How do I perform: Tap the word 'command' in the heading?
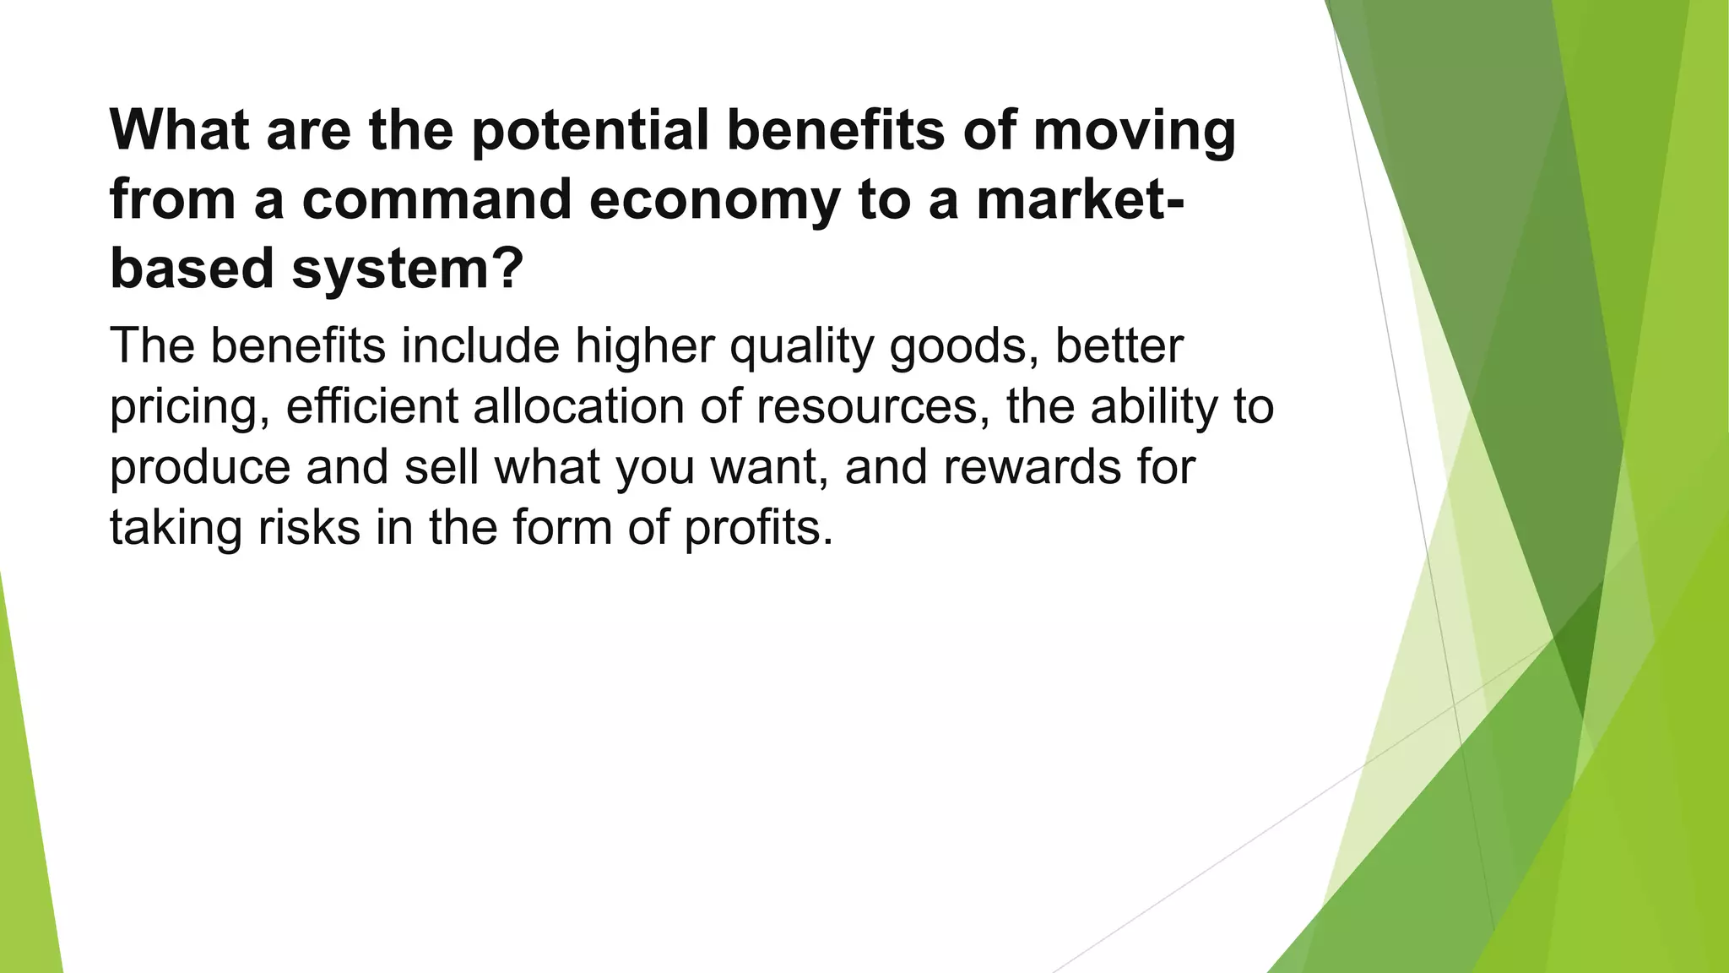436,199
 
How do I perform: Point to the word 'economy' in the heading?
713,201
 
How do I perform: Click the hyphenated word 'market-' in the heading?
1080,199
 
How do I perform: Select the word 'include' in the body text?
480,345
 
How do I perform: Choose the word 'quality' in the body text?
801,347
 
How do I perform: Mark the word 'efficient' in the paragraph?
371,406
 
